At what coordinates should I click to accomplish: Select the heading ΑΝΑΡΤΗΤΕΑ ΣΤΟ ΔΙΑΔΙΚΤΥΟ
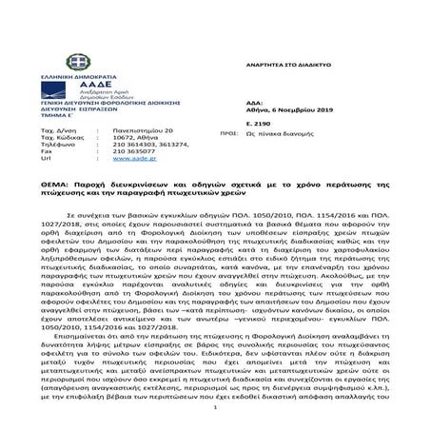[x=287, y=65]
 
